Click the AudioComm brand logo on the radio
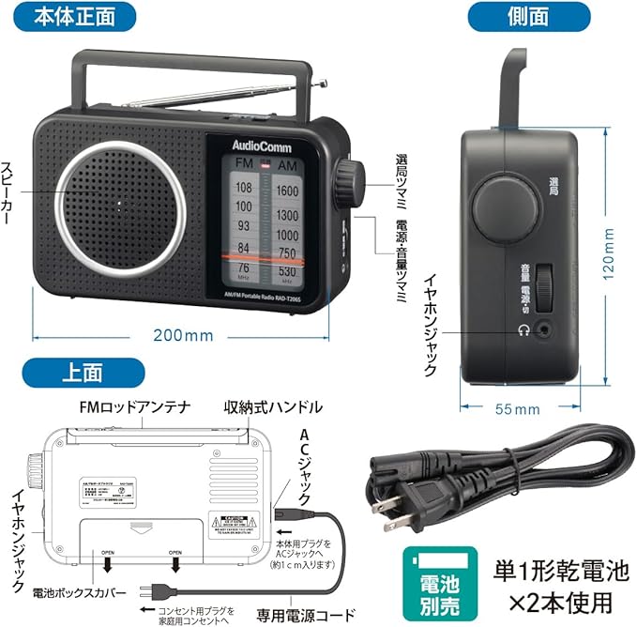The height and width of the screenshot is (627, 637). tap(255, 145)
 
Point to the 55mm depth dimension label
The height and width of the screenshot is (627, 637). tap(514, 409)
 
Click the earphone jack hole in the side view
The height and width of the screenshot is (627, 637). tap(542, 329)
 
